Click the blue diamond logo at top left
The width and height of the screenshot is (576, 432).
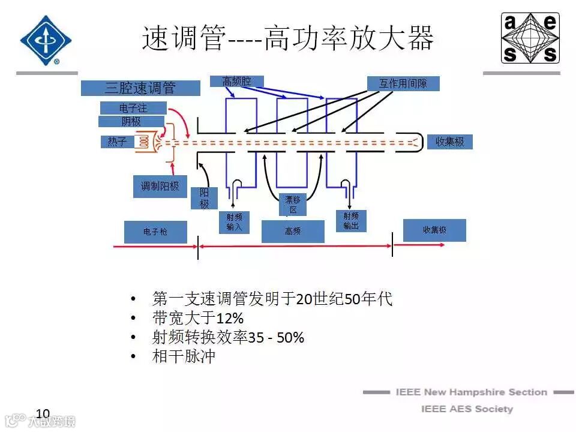46,40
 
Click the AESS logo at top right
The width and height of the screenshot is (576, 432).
530,38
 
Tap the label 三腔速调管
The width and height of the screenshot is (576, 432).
140,88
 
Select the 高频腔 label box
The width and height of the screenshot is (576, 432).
236,81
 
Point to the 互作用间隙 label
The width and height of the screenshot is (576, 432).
403,83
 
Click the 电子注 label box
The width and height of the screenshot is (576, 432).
133,108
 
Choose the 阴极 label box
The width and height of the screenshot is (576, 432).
131,122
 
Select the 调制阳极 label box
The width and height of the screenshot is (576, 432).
160,187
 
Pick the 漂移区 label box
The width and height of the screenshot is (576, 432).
293,205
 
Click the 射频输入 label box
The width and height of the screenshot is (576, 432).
235,222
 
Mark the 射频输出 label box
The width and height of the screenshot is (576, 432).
351,220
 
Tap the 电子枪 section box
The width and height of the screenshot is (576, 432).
155,232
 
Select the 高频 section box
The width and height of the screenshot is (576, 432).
293,232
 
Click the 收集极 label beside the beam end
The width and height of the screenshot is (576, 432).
449,142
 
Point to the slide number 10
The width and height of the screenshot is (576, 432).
43,413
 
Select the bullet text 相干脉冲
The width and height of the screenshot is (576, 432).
184,357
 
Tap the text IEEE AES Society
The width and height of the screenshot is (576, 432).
467,409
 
